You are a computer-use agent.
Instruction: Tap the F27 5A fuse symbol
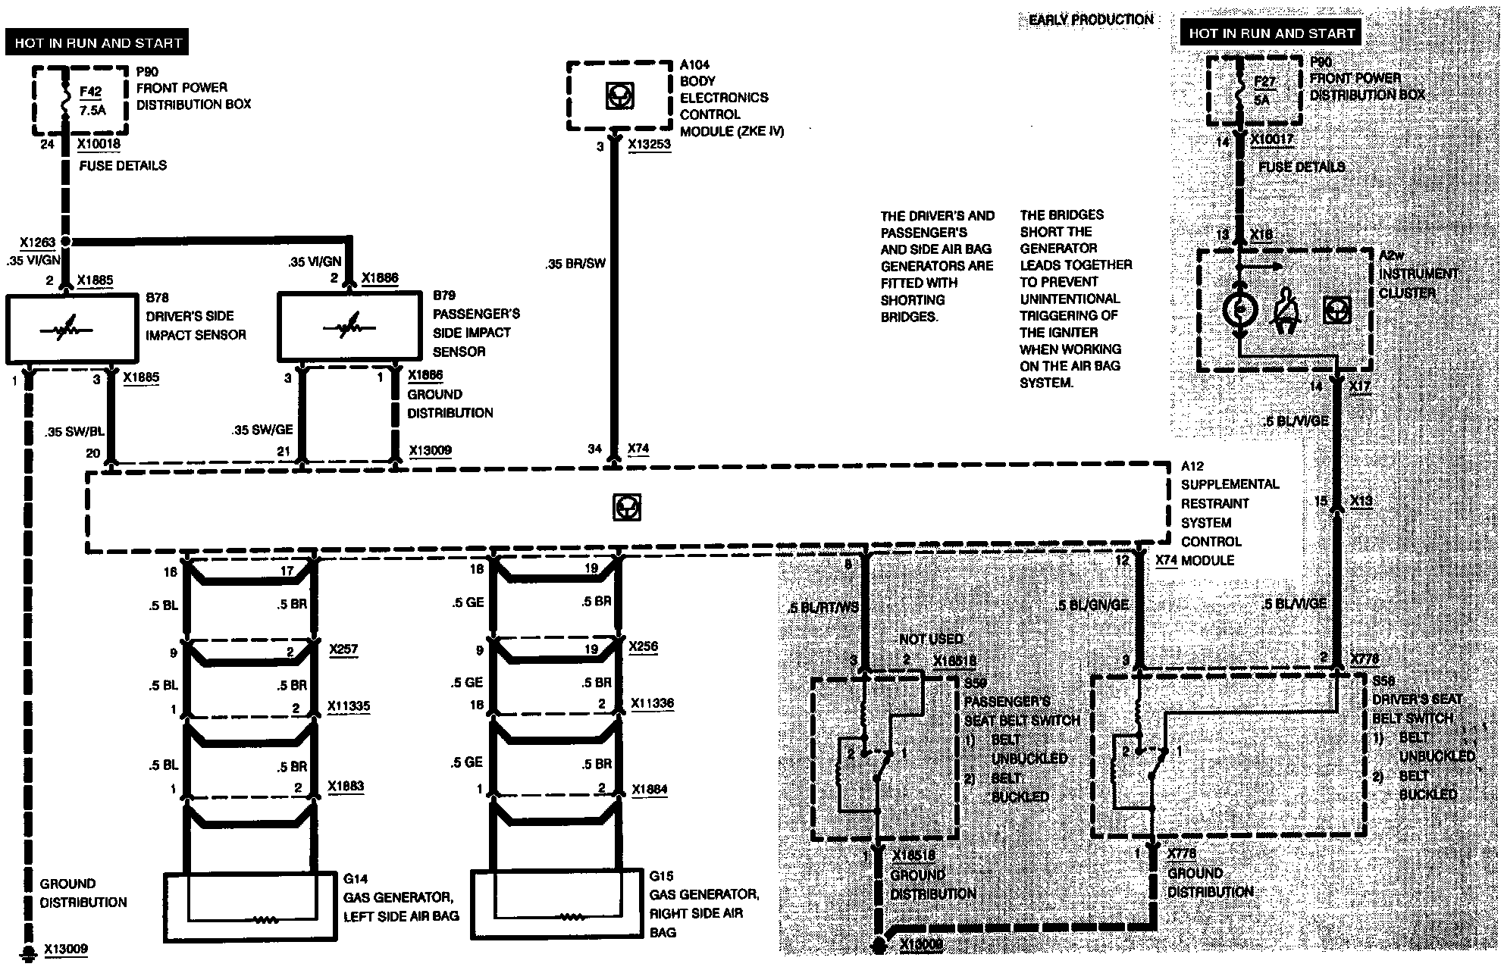(1239, 89)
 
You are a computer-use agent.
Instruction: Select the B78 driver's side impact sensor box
(71, 329)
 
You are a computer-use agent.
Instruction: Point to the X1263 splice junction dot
(65, 242)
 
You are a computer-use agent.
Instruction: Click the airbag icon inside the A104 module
(620, 95)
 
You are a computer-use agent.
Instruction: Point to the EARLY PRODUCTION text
(1091, 20)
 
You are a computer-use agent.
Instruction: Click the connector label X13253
(649, 143)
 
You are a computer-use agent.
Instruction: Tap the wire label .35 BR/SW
(575, 264)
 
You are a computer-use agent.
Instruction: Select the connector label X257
(343, 649)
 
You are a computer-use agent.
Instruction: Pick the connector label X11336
(652, 703)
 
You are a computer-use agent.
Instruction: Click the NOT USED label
(930, 639)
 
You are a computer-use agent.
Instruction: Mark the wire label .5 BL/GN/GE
(1092, 604)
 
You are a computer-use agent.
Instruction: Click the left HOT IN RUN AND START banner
(98, 43)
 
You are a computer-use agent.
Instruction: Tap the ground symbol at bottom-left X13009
(30, 952)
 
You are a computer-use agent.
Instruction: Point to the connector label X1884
(650, 789)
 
